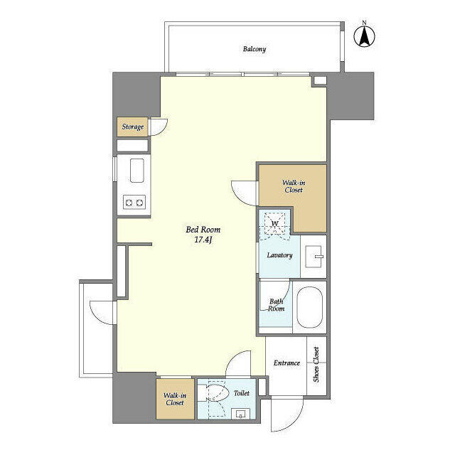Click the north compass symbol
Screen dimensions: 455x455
(365, 36)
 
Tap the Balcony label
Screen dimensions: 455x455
(254, 49)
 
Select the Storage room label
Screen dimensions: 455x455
(132, 127)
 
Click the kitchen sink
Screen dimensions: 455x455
(135, 170)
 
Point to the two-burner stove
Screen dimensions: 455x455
(134, 203)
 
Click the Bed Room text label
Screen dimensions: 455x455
(203, 230)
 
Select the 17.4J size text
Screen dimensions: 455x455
(203, 240)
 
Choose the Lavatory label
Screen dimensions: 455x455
(279, 255)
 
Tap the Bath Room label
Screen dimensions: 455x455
(276, 305)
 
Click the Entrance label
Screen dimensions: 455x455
(287, 363)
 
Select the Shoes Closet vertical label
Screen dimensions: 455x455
(316, 365)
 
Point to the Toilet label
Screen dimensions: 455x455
(242, 392)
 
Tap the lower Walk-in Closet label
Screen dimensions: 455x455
(174, 399)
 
